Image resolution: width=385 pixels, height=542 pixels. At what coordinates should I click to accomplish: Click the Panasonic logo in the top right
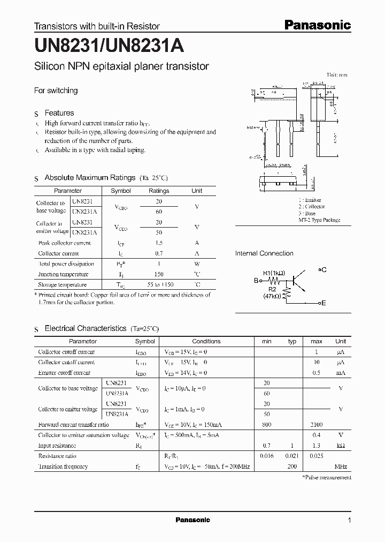pos(317,25)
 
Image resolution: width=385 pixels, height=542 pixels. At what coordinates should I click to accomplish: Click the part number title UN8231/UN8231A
pos(109,47)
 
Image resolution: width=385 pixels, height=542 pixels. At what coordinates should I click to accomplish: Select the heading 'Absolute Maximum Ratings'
pos(90,178)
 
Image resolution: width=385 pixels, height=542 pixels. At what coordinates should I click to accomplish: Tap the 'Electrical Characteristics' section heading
pos(86,328)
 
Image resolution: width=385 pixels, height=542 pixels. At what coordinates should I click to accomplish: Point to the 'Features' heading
pos(59,113)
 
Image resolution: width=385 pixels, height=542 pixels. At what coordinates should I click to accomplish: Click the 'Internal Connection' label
pos(264,253)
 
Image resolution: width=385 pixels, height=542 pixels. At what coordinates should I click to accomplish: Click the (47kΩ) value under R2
pos(273,296)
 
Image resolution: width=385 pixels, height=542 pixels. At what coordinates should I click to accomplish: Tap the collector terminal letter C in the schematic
pos(324,270)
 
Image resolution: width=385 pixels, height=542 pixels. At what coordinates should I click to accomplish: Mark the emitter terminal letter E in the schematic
pos(323,303)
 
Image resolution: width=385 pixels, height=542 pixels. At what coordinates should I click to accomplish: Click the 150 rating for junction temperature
pos(159,274)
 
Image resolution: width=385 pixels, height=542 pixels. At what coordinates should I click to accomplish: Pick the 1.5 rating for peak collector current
pos(159,243)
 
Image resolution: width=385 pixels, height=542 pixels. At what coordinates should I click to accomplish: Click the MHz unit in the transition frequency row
pos(341,466)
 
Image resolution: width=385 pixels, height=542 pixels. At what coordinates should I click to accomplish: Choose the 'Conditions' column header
pos(206,341)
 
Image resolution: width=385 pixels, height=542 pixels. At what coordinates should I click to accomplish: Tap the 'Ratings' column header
pos(159,191)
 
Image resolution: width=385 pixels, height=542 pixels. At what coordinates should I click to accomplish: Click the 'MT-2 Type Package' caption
pos(319,220)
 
